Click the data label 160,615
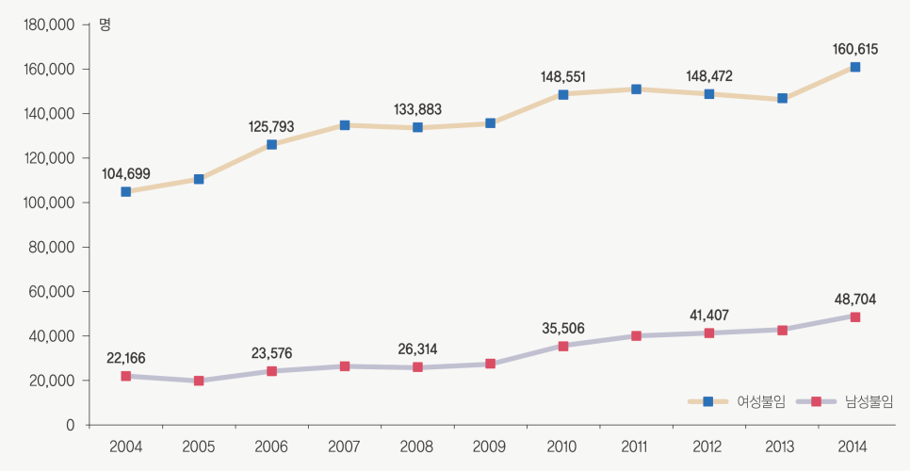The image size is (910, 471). pos(854,48)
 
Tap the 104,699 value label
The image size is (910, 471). pos(126,173)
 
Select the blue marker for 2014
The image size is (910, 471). pos(854,67)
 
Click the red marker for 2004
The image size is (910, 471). pos(126,376)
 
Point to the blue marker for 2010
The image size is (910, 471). pos(563,94)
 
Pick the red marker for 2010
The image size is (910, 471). pos(563,346)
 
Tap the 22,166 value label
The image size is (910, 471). pos(126,358)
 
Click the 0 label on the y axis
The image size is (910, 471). pos(70,426)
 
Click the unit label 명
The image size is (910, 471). pos(105,24)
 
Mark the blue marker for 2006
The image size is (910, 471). pos(271,144)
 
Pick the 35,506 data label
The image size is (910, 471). pos(563,328)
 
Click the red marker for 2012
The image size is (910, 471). pos(708,333)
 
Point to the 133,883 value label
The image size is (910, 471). pos(417,109)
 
